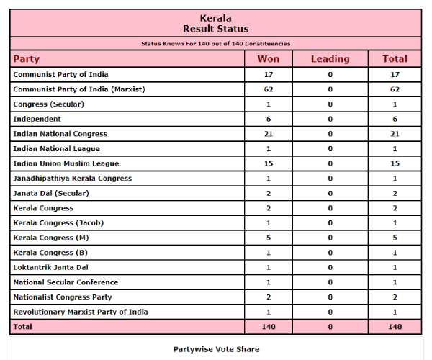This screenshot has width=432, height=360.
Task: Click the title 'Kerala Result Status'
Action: tap(215, 23)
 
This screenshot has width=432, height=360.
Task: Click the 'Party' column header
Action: tap(27, 59)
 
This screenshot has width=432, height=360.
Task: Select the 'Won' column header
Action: tap(268, 59)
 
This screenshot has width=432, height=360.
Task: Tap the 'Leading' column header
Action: tap(330, 59)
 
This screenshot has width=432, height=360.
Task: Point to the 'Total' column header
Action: tap(395, 59)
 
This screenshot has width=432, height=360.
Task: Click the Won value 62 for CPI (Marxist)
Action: tap(268, 89)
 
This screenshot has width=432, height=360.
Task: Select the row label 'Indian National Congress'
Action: tap(60, 134)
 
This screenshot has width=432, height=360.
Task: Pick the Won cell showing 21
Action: tap(268, 134)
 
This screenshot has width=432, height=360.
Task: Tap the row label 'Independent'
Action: tap(37, 119)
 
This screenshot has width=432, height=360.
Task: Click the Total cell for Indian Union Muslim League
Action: tap(395, 163)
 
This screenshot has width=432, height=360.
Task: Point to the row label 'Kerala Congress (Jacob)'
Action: tap(58, 222)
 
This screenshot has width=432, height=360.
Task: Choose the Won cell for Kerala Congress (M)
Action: tap(268, 238)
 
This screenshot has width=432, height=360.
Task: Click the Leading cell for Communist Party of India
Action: tap(330, 74)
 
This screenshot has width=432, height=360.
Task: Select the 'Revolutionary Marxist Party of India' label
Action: tap(81, 312)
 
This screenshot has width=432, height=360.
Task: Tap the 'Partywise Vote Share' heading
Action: tap(216, 349)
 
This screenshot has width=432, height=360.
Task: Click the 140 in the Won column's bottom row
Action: tap(268, 327)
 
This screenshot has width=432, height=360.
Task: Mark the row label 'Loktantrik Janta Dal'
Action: tap(51, 267)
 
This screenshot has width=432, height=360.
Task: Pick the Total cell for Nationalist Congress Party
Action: tap(395, 297)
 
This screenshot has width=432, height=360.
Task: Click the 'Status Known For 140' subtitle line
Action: tap(215, 44)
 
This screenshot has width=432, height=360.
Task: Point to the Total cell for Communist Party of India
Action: tap(395, 74)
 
